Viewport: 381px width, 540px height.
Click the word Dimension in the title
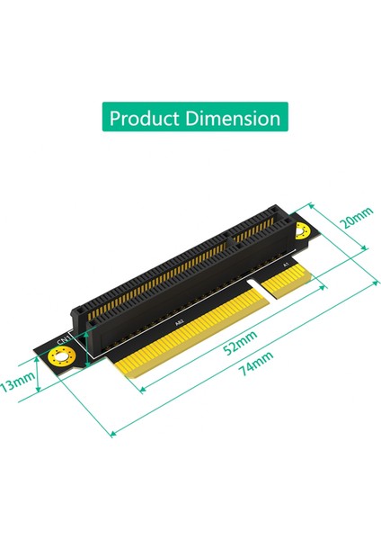234,118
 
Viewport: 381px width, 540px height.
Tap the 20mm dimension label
357,218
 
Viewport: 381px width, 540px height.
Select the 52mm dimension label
240,343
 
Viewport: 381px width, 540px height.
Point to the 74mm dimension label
256,364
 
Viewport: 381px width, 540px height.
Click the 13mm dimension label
17,381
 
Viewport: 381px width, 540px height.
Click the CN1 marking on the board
64,339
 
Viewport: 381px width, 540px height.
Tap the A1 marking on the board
285,265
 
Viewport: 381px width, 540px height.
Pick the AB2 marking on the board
180,323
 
